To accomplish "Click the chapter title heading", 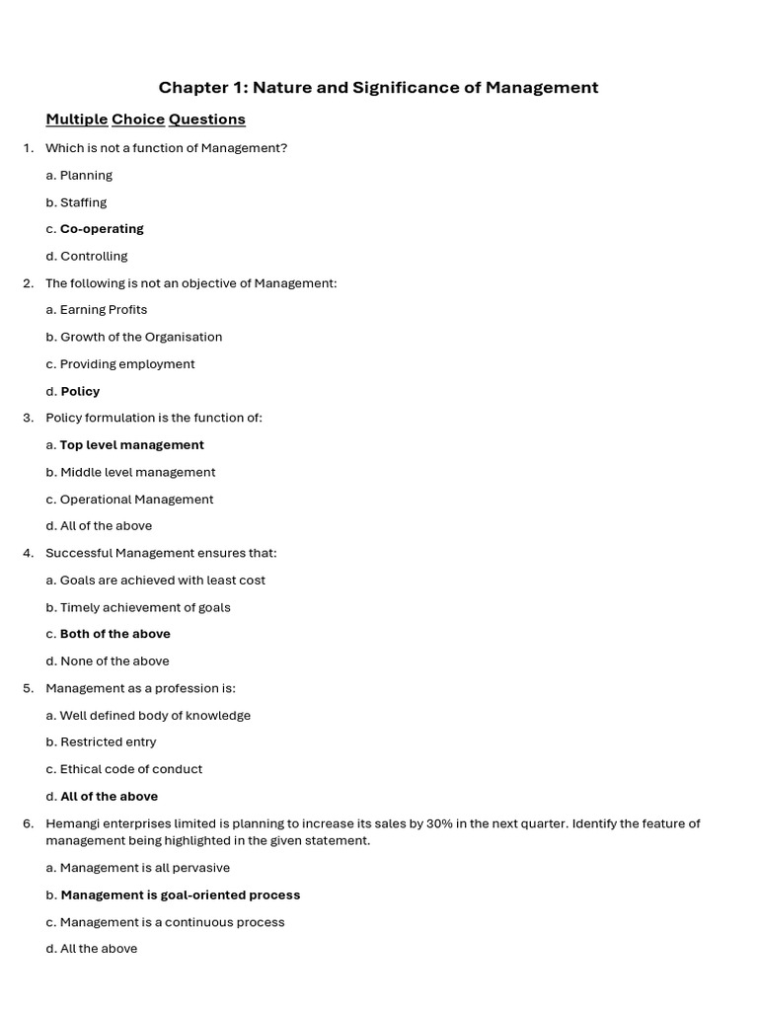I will pos(378,88).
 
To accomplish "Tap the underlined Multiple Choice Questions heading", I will pos(145,119).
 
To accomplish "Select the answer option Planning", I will pos(86,176).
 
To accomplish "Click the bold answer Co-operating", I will pos(102,229).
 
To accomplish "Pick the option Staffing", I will pos(83,202).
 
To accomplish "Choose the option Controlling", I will pos(94,257).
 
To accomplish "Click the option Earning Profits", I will pos(104,310).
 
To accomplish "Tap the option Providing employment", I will pos(127,364).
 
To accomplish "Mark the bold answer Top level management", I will pos(131,445).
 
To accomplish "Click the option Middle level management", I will pos(137,473).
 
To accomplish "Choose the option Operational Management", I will pos(136,500).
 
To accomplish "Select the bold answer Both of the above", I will pos(114,634).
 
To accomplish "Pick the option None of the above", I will pos(114,661).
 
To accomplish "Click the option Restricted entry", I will pos(108,742).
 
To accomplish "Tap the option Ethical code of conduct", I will pos(130,769).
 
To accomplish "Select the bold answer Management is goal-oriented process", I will pos(180,895).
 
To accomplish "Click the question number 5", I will pos(28,688).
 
